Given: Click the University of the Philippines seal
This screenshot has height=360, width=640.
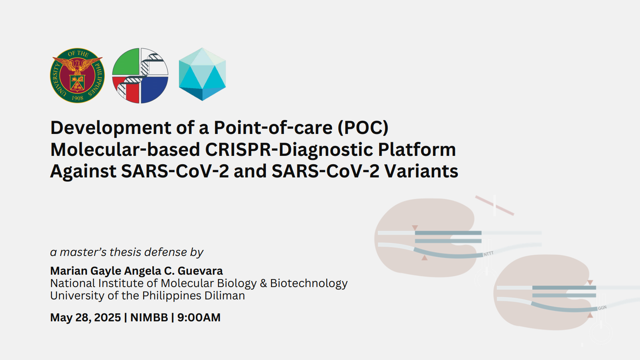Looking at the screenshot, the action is tap(77, 75).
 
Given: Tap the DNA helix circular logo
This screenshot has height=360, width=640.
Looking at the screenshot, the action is tap(140, 75).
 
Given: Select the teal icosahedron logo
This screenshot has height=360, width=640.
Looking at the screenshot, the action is tap(202, 74).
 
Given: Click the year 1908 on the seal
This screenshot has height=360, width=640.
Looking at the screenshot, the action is tap(77, 98).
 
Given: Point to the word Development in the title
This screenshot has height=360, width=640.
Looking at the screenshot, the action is tap(110, 128).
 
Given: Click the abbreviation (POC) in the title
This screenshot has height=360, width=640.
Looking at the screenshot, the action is tap(363, 128).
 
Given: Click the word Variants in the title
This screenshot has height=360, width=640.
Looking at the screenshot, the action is tap(421, 171).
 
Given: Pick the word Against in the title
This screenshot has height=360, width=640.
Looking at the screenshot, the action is tap(83, 171).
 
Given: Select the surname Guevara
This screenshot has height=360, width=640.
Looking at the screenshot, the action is tap(200, 271).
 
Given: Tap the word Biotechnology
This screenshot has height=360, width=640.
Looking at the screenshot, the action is tap(309, 283).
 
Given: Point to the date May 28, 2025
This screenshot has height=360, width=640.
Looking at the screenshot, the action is tap(85, 317).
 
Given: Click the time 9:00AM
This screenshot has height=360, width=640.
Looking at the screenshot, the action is tap(199, 317).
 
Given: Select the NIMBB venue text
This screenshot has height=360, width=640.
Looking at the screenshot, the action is tap(149, 317).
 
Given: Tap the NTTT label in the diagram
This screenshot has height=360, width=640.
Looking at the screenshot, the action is tap(488, 254).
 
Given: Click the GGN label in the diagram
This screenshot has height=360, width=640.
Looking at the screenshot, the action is tap(602, 308).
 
